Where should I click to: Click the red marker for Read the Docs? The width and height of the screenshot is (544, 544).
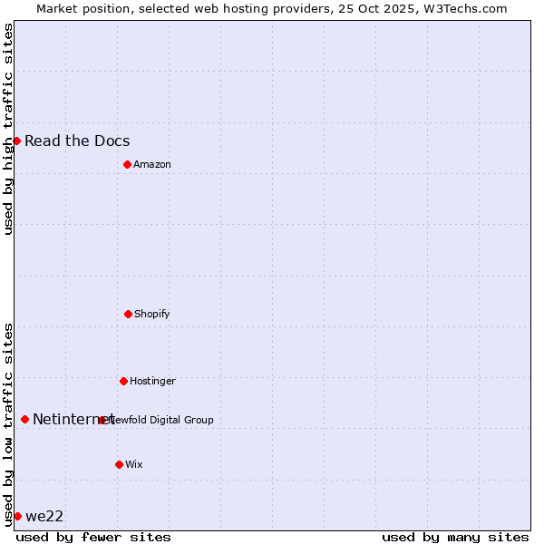[16, 141]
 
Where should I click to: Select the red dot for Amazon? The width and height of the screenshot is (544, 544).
[127, 164]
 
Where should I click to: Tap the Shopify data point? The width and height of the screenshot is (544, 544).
[128, 314]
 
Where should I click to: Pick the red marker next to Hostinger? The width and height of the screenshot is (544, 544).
[123, 381]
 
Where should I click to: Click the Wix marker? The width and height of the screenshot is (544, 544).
[119, 464]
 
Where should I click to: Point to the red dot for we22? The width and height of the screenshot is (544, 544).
[17, 516]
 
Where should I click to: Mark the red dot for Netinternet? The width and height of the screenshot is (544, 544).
[24, 419]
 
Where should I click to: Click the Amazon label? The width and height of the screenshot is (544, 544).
[152, 164]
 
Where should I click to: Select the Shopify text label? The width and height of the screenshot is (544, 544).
[152, 314]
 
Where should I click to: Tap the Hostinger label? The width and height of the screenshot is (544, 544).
[152, 381]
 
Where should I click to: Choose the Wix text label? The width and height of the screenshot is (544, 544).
[134, 464]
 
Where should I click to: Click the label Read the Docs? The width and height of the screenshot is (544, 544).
[77, 141]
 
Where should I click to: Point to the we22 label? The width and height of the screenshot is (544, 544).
[44, 516]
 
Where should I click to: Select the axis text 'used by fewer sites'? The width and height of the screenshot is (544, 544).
[93, 537]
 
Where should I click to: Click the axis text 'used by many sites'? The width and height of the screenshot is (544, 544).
[455, 537]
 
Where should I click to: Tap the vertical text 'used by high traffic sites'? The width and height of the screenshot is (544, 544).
[8, 129]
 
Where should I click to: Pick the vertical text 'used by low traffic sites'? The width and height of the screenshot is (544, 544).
[8, 424]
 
